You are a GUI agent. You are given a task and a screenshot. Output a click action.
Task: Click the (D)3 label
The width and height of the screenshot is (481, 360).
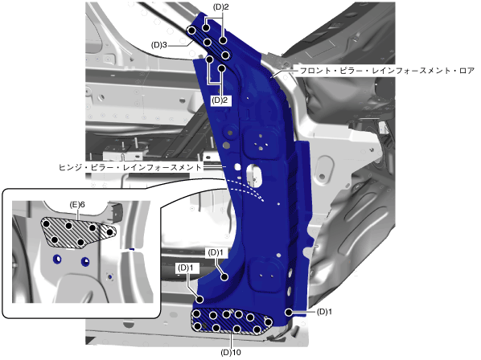[x=159, y=45]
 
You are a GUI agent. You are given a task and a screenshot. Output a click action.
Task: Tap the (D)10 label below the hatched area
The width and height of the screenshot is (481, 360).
[x=231, y=352]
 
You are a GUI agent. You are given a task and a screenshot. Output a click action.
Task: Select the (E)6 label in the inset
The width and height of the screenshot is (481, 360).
[x=77, y=205]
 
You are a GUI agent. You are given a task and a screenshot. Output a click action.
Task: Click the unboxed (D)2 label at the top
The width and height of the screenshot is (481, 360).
[x=221, y=7]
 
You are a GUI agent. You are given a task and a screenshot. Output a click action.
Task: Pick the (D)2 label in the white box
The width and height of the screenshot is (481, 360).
[x=221, y=100]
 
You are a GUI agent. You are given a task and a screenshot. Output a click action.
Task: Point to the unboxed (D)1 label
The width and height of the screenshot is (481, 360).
[x=324, y=312]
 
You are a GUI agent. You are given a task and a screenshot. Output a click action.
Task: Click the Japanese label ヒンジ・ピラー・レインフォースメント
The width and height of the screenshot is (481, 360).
[x=130, y=167]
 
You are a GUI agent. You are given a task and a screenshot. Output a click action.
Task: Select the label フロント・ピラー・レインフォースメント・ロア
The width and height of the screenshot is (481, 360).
[x=387, y=71]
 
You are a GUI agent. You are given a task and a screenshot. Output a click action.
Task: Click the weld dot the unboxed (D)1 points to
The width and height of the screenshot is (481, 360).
[x=288, y=313]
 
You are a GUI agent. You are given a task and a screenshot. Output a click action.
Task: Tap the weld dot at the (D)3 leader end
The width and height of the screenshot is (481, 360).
[x=191, y=31]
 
